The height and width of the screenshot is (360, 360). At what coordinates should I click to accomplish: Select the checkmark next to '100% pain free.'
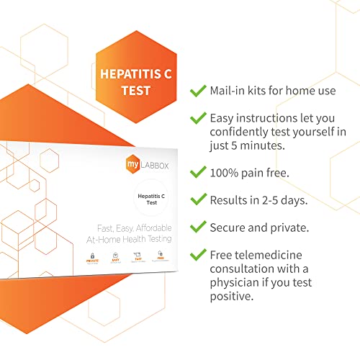pyautogui.click(x=195, y=172)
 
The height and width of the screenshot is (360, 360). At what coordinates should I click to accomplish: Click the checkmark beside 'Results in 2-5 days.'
pyautogui.click(x=195, y=199)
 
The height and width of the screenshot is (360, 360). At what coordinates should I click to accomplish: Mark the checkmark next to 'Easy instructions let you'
pyautogui.click(x=195, y=118)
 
